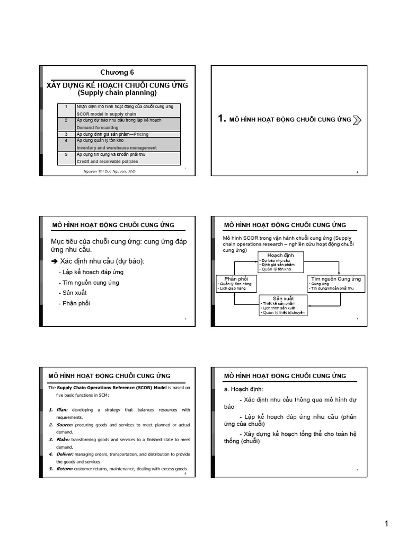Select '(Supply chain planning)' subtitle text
point(118,93)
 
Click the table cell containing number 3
point(65,134)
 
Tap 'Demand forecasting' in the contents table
point(98,128)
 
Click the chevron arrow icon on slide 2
point(357,120)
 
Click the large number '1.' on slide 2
point(223,119)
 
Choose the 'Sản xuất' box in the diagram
point(283,305)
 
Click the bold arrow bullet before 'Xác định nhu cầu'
point(54,261)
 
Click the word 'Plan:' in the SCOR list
point(63,410)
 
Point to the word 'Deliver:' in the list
point(65,454)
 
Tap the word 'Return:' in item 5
point(64,469)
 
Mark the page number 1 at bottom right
point(387,524)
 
